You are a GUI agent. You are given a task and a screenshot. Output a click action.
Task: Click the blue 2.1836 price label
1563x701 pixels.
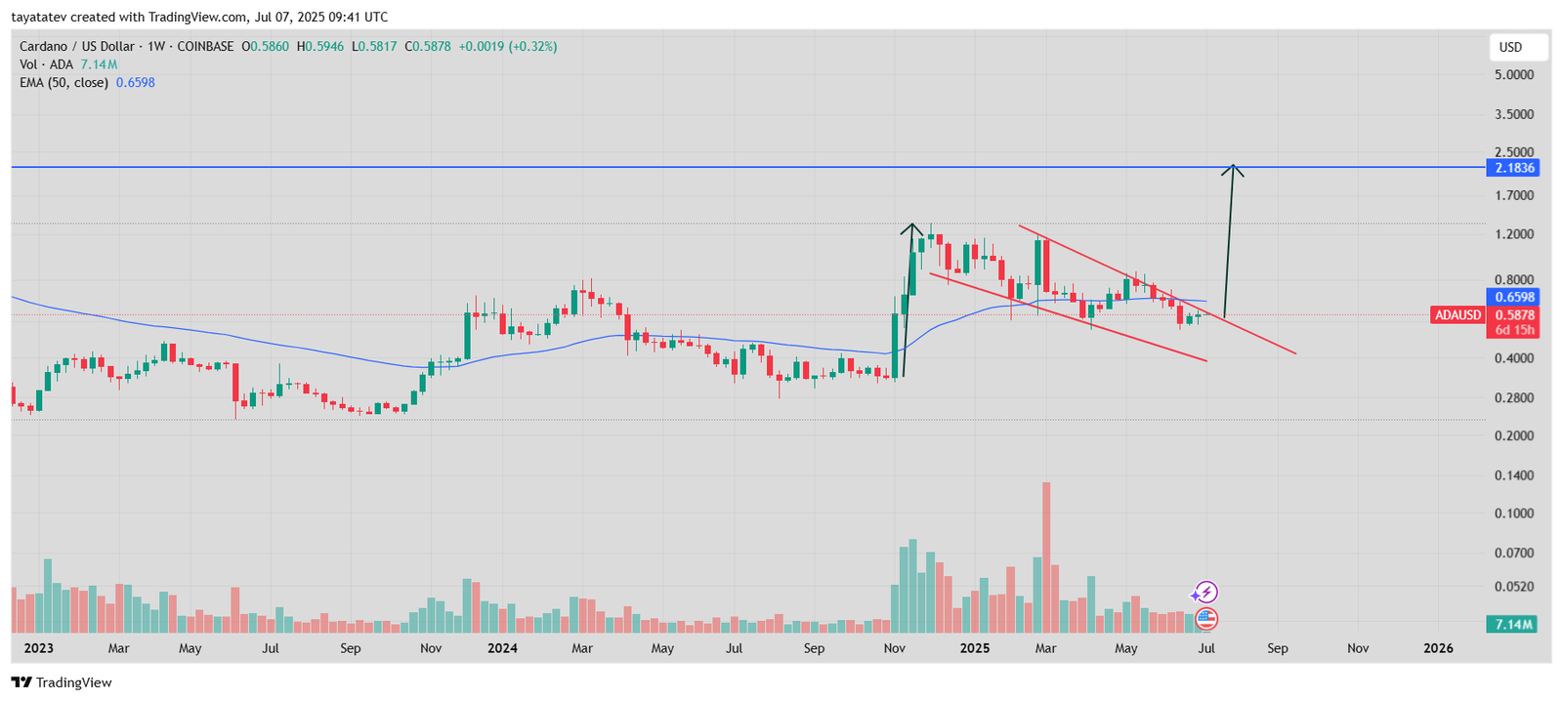point(1513,168)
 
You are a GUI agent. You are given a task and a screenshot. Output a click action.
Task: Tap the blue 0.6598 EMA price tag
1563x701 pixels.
point(1513,297)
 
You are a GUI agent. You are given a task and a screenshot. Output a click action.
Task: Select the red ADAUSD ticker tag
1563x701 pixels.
point(1457,315)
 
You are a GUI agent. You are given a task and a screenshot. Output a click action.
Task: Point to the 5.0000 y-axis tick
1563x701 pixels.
point(1513,75)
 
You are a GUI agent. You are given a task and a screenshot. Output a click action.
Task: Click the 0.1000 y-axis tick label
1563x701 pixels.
point(1513,514)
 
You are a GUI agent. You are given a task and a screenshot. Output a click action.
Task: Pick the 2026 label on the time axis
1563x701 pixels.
point(1438,648)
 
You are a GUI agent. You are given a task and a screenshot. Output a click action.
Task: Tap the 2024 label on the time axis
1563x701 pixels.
point(502,648)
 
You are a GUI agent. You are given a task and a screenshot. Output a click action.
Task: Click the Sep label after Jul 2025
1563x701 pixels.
point(1277,648)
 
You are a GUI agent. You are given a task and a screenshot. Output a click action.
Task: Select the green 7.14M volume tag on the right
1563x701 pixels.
point(1512,624)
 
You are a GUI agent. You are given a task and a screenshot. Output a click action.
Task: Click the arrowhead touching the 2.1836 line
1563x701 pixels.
point(1234,170)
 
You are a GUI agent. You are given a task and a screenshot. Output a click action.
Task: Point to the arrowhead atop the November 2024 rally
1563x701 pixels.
point(911,229)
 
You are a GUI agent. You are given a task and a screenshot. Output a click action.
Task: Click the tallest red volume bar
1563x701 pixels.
point(1046,557)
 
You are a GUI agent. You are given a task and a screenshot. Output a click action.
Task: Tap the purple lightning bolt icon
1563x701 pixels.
point(1205,592)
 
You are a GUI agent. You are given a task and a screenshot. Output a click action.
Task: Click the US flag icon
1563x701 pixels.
point(1206,618)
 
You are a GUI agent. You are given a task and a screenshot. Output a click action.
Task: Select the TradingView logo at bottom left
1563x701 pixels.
point(63,682)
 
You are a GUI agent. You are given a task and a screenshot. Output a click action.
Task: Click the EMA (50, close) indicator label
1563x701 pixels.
point(63,83)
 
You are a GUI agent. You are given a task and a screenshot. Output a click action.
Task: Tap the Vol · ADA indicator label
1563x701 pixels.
point(46,64)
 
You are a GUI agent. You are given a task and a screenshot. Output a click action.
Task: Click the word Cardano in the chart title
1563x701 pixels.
point(43,46)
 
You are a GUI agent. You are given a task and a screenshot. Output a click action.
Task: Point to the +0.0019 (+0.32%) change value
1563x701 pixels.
point(508,46)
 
